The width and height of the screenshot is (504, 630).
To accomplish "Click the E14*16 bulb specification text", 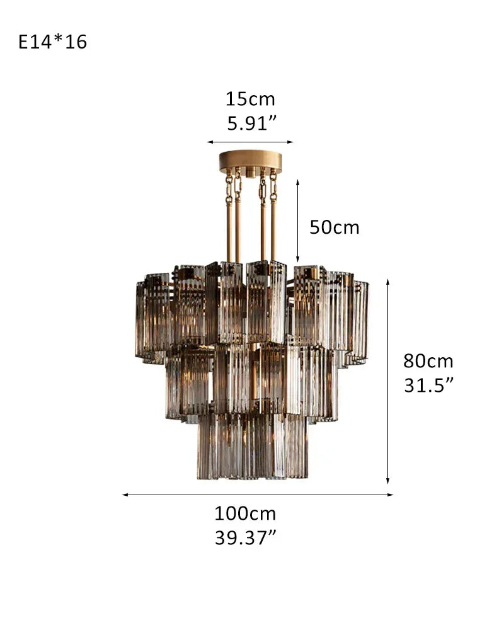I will pos(53,42).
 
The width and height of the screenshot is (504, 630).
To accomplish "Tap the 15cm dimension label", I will pos(250,100).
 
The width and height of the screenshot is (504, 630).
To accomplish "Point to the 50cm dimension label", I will pos(334,227).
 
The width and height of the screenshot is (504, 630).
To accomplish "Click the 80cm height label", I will pos(428,362).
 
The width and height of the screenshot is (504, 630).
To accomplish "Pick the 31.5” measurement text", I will pos(428,385).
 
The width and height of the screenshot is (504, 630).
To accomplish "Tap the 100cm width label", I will pos(245,513).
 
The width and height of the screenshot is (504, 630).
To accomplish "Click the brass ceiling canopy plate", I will pos(250,161).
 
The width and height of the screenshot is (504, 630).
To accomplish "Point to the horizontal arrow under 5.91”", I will pos(250,142).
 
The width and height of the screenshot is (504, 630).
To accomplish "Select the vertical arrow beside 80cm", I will pos(388,381).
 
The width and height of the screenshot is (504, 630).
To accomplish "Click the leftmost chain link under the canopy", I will pos(229,186).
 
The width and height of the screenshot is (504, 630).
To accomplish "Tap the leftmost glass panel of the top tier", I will pos(140,319).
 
